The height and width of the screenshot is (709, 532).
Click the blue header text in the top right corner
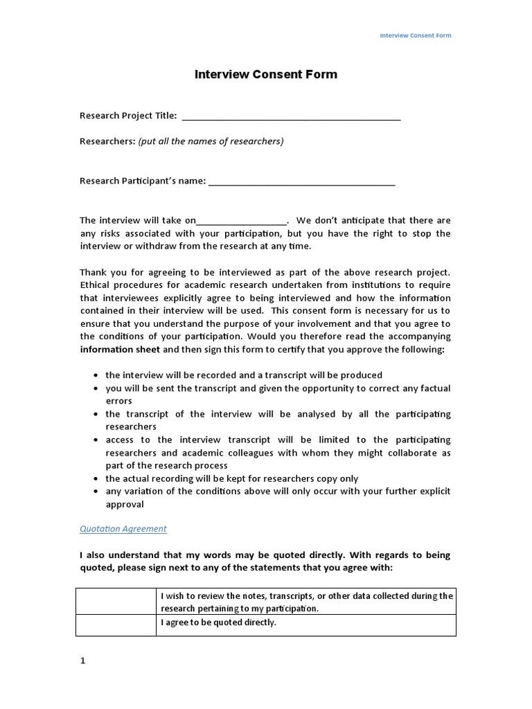[416, 35]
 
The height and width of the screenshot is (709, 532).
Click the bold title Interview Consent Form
[265, 74]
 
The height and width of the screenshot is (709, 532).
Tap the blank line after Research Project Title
[291, 116]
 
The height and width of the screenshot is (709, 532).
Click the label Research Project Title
[128, 116]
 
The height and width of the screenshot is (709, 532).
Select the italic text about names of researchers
[211, 141]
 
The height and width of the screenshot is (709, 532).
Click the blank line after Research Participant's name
[301, 181]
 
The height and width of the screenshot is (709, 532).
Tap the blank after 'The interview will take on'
[241, 222]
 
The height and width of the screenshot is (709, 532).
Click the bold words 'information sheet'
[120, 350]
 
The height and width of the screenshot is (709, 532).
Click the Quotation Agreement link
[123, 529]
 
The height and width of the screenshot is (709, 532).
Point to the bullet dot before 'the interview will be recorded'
[95, 375]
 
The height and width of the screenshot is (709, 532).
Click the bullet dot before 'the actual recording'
[95, 478]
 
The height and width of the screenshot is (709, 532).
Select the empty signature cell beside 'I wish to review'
[115, 602]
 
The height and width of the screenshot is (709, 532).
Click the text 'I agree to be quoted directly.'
[218, 622]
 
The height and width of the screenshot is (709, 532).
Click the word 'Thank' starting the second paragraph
[93, 272]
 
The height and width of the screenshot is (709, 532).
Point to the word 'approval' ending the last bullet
[125, 505]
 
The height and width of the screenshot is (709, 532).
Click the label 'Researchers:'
[107, 141]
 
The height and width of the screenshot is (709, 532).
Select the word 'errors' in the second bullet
[118, 401]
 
